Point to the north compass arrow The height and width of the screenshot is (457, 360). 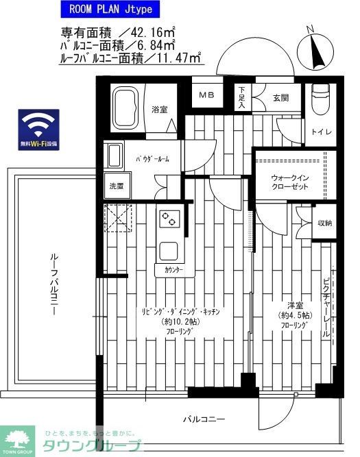coord(315,49)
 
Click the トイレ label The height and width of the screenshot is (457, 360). coord(320,132)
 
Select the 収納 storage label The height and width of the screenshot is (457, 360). coord(324,223)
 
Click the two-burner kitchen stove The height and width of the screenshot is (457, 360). coord(168,219)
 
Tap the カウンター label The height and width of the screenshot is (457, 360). coord(173,271)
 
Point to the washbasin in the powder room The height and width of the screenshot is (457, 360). coord(115,158)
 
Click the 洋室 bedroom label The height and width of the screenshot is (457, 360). coord(296,305)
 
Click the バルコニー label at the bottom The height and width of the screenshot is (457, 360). coord(204,418)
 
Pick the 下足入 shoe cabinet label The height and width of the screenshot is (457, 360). coord(242,97)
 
